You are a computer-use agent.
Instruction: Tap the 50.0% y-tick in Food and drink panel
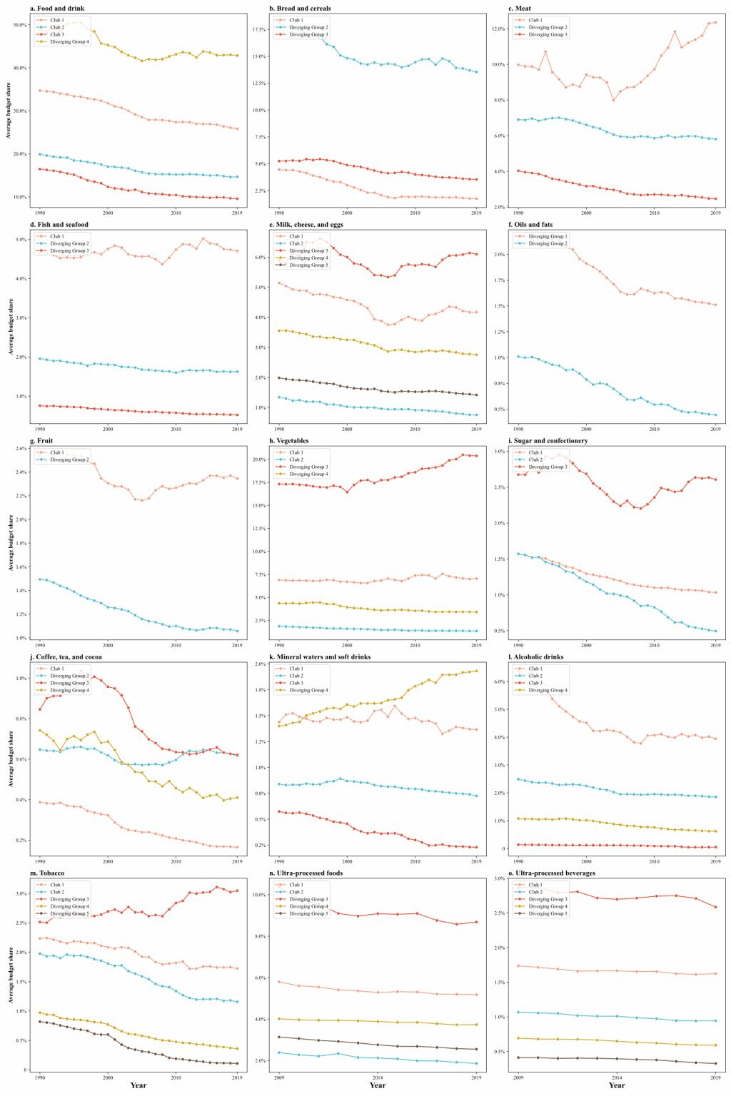(x=20, y=25)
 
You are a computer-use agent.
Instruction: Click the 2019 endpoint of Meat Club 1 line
(x=715, y=22)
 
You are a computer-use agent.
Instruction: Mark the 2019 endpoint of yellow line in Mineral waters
(x=476, y=671)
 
